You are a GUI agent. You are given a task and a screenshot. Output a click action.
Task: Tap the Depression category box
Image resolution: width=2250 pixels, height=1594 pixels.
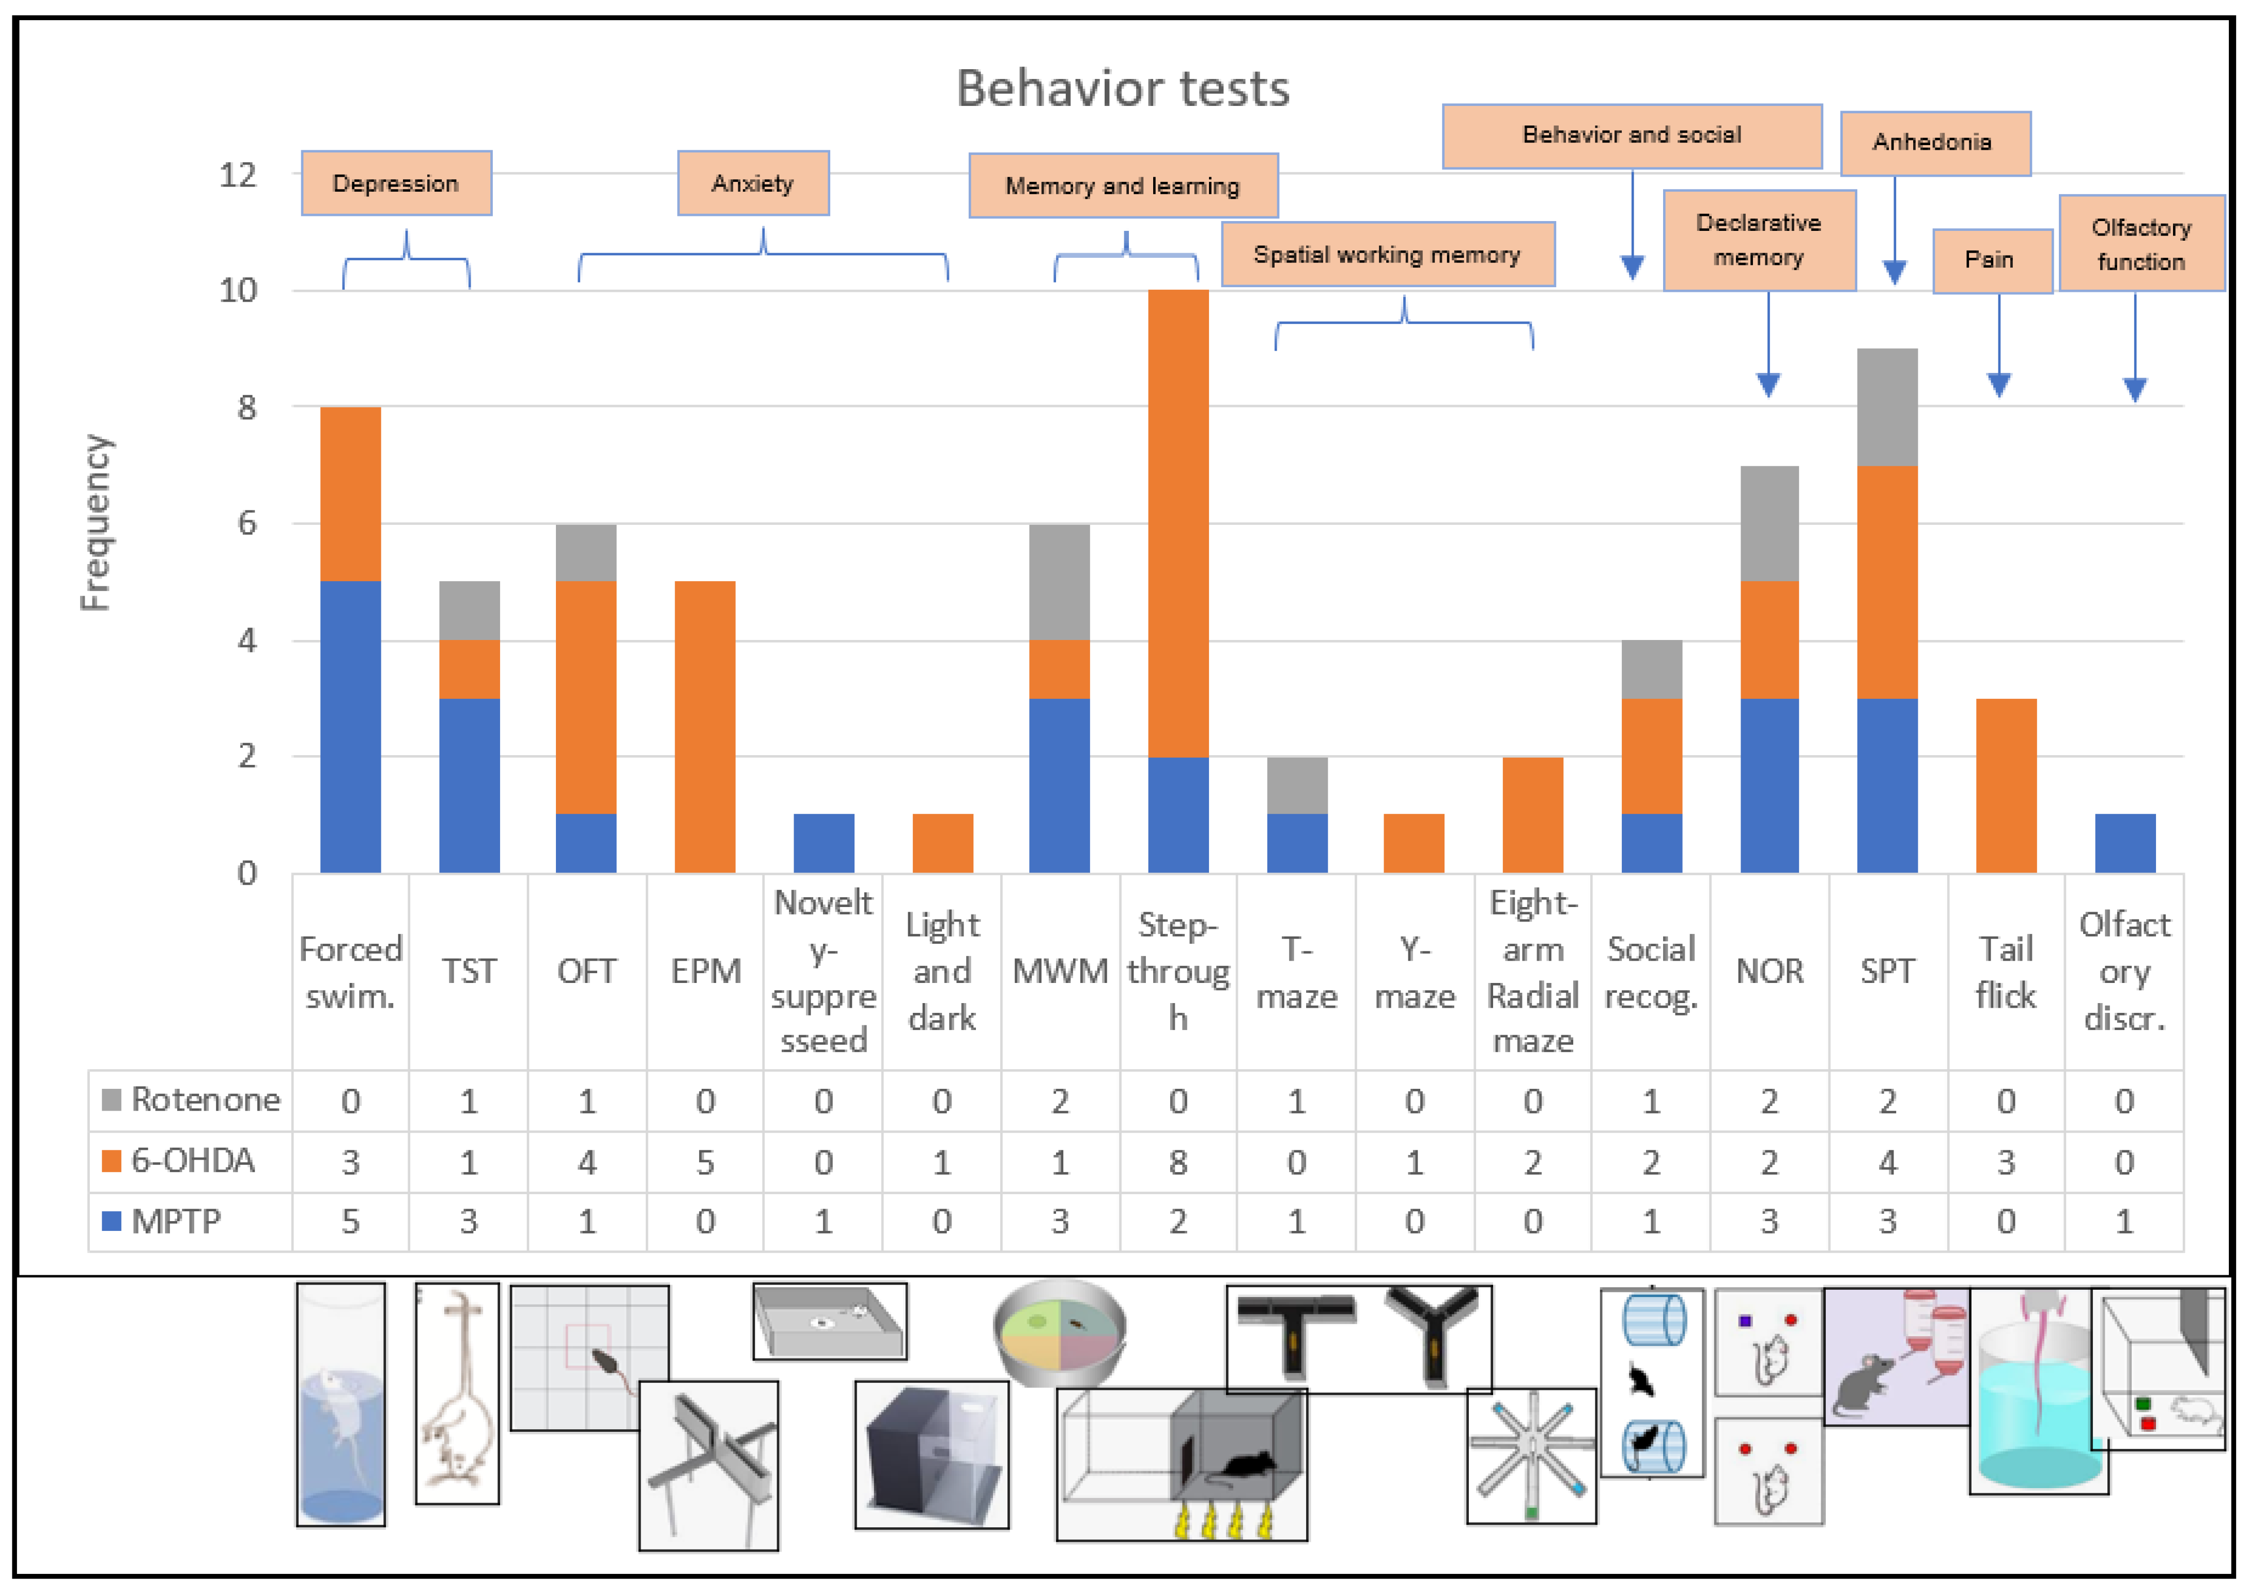pos(396,183)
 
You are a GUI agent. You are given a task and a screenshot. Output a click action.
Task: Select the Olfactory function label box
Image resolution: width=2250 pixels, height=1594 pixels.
pos(2141,243)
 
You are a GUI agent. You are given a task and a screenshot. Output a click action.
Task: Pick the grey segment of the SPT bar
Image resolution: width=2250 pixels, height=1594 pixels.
pos(1887,407)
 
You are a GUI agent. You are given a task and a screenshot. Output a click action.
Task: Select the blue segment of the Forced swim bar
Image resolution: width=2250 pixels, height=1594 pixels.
pos(350,726)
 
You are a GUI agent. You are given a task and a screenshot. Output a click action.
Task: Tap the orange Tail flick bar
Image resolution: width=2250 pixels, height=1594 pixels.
pos(2006,785)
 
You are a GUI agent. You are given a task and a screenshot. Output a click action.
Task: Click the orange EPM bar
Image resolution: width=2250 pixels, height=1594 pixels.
pos(705,726)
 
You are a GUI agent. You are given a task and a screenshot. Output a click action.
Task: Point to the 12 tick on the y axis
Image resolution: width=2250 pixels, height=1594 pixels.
pos(238,176)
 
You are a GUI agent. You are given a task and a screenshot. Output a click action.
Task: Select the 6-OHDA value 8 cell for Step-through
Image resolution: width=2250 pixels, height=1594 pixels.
pos(1178,1162)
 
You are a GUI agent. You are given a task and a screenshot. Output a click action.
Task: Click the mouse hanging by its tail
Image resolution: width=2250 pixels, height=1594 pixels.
pos(457,1394)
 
